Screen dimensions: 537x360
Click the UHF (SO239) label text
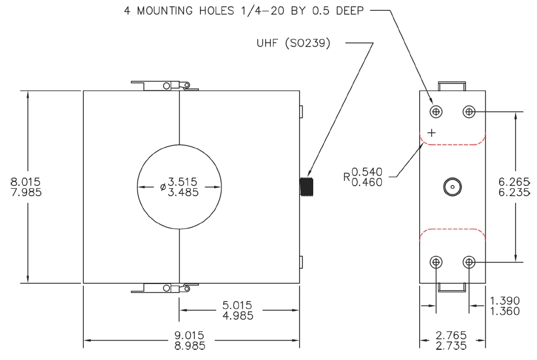pyautogui.click(x=293, y=43)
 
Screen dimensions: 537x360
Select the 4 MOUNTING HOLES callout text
pyautogui.click(x=244, y=11)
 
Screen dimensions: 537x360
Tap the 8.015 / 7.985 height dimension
pyautogui.click(x=26, y=187)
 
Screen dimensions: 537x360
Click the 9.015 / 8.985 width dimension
pyautogui.click(x=190, y=340)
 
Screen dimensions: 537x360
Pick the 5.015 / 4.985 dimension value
pyautogui.click(x=238, y=310)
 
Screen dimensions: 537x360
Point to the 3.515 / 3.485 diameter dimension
pyautogui.click(x=180, y=187)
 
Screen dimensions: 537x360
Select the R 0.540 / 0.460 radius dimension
pyautogui.click(x=363, y=177)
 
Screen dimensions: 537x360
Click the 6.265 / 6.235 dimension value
pyautogui.click(x=514, y=187)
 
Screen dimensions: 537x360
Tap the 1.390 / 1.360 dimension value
pyautogui.click(x=505, y=306)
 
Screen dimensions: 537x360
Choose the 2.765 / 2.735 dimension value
pyautogui.click(x=451, y=340)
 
